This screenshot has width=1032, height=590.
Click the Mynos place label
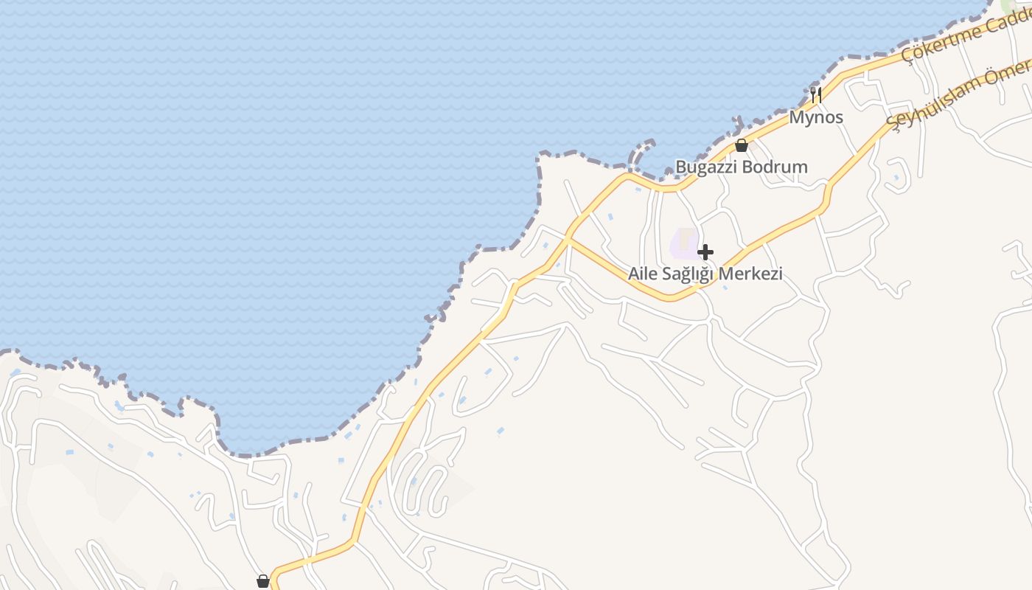(x=816, y=117)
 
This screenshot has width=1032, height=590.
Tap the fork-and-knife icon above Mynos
(x=816, y=94)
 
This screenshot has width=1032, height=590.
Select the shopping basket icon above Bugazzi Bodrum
(x=742, y=145)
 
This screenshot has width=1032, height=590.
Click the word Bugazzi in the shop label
(x=705, y=167)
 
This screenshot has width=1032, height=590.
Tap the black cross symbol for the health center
(x=705, y=252)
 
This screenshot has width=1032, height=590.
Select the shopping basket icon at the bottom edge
(x=263, y=581)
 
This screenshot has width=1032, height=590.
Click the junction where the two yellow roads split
(x=568, y=238)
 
